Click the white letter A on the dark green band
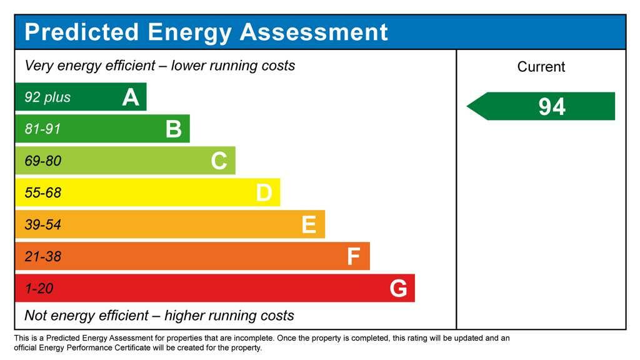(x=130, y=97)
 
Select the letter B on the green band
(x=173, y=129)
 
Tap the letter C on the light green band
(x=219, y=161)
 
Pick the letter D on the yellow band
(x=264, y=193)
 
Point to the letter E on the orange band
(x=309, y=224)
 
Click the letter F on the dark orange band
(x=354, y=256)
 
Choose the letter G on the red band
(x=398, y=288)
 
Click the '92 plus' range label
(x=47, y=97)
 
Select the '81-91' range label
(x=42, y=129)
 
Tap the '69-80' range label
(x=42, y=161)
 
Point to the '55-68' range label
(x=42, y=193)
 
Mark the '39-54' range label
(x=42, y=225)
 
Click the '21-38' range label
(x=42, y=257)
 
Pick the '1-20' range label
(x=39, y=289)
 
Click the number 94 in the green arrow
(x=552, y=107)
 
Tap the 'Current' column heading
(x=541, y=67)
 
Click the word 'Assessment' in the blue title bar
(x=314, y=32)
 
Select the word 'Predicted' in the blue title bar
(x=81, y=32)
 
